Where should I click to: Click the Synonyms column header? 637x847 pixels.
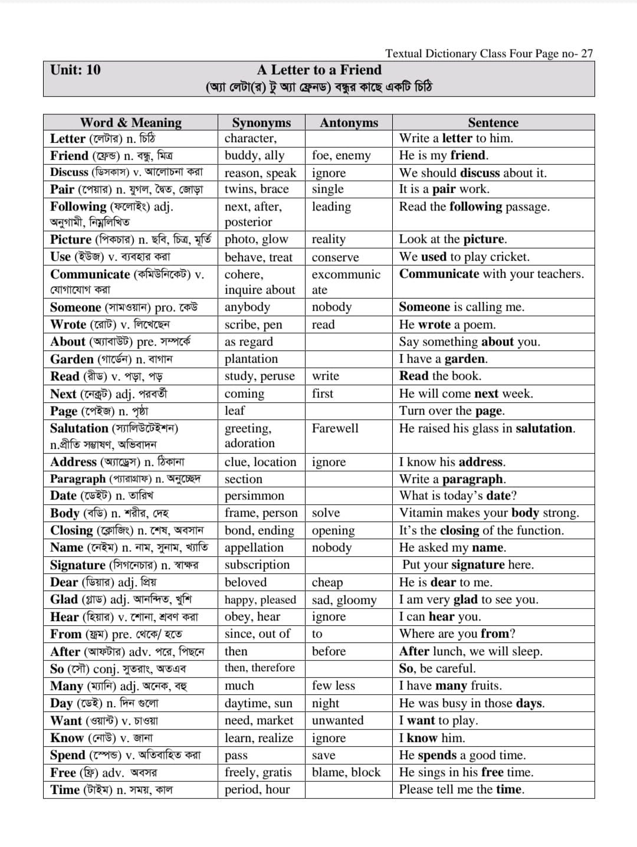point(261,123)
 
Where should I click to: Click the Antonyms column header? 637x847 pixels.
point(349,123)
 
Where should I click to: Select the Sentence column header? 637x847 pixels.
point(493,123)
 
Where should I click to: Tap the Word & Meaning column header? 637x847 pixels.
point(131,123)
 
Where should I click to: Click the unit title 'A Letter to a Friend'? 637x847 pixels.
point(319,70)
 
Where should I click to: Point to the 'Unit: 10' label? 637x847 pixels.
point(75,70)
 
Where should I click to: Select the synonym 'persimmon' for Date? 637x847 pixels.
point(254,496)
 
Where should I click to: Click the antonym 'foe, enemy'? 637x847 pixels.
point(342,156)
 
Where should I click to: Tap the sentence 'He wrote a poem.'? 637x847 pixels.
point(447,324)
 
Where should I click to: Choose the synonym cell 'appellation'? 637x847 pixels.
point(254,548)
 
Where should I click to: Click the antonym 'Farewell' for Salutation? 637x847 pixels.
point(335,428)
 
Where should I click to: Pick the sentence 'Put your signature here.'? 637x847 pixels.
point(468,565)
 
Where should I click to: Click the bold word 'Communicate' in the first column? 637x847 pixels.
point(90,274)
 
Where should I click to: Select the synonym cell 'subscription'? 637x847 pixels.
point(257,565)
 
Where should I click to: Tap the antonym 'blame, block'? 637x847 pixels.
point(346,773)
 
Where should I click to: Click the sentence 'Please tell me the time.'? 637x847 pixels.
point(462,790)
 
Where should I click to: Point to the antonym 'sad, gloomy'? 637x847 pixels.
point(344,600)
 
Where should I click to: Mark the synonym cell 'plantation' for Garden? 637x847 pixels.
point(251,359)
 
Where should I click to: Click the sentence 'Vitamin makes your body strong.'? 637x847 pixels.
point(489,513)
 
